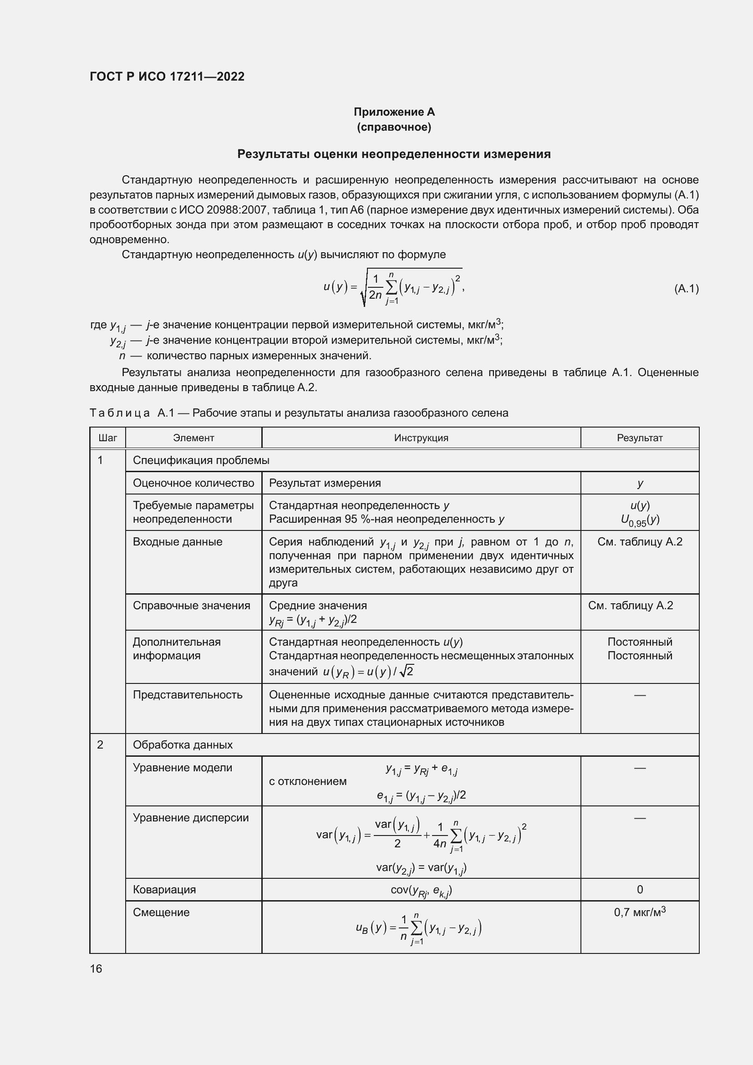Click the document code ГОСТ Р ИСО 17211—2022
167,76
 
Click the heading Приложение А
394,112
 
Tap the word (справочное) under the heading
394,127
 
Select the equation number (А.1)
686,289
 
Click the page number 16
96,968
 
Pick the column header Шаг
107,438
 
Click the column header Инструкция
421,438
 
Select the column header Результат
639,438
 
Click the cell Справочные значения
192,605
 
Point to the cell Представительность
188,694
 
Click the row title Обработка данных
183,744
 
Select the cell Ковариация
164,889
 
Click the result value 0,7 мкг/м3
639,912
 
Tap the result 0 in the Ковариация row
640,889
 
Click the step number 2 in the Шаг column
100,744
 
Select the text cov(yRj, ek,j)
421,890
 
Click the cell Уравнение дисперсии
191,817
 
